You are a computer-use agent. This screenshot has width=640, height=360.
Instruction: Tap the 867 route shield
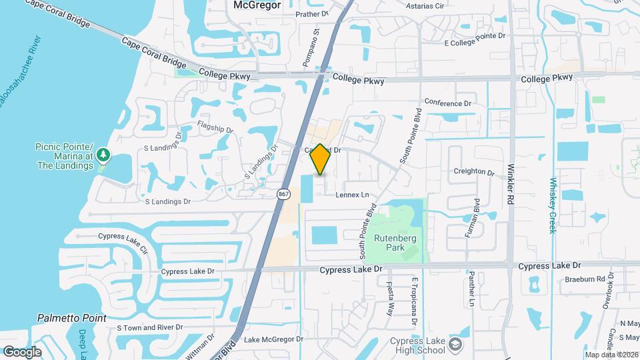click(283, 193)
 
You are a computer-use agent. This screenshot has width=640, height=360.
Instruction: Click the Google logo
click(22, 352)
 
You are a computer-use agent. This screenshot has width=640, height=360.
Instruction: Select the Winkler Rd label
click(511, 185)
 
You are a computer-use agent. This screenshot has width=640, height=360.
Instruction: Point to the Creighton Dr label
click(473, 171)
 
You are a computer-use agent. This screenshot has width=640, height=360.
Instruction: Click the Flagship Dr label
click(215, 127)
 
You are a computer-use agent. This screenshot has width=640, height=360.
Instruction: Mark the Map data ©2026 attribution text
click(611, 354)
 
